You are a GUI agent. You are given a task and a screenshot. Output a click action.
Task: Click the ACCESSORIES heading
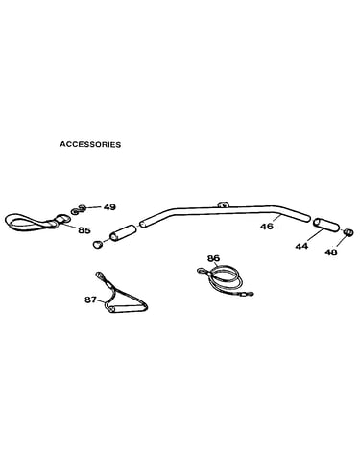click(90, 144)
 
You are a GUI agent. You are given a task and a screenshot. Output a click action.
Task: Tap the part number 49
click(109, 207)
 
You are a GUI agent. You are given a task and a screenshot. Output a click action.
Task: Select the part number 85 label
click(84, 230)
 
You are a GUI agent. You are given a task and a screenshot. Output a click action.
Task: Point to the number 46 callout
click(267, 227)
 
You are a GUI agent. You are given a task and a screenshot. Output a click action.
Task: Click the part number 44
click(301, 246)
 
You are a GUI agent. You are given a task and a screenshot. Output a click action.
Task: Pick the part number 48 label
click(331, 252)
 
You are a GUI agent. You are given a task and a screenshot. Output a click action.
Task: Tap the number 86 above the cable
click(214, 258)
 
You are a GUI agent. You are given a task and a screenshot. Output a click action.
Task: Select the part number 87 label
click(90, 300)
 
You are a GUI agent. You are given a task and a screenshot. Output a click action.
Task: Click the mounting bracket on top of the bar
click(224, 204)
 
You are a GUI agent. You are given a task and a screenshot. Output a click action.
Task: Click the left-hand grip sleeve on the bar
click(123, 232)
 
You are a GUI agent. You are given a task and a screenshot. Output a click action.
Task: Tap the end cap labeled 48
click(348, 232)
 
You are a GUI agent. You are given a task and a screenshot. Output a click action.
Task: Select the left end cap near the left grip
click(98, 244)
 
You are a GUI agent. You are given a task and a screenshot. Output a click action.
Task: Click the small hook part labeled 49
click(78, 209)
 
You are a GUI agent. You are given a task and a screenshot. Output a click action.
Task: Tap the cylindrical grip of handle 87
click(128, 309)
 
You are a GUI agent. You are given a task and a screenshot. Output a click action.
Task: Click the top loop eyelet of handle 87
click(100, 275)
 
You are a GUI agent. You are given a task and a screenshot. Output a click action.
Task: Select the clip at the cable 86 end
click(247, 293)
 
